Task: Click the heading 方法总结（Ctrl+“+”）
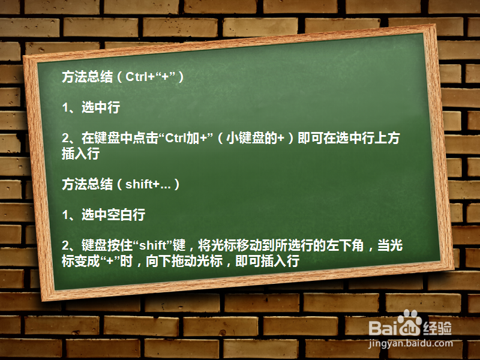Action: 122,77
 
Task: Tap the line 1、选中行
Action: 91,108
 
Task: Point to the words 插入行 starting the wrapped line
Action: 80,154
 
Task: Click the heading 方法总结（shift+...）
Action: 121,184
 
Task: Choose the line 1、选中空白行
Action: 104,215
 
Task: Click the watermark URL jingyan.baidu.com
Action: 411,344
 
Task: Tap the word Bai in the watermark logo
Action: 382,328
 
